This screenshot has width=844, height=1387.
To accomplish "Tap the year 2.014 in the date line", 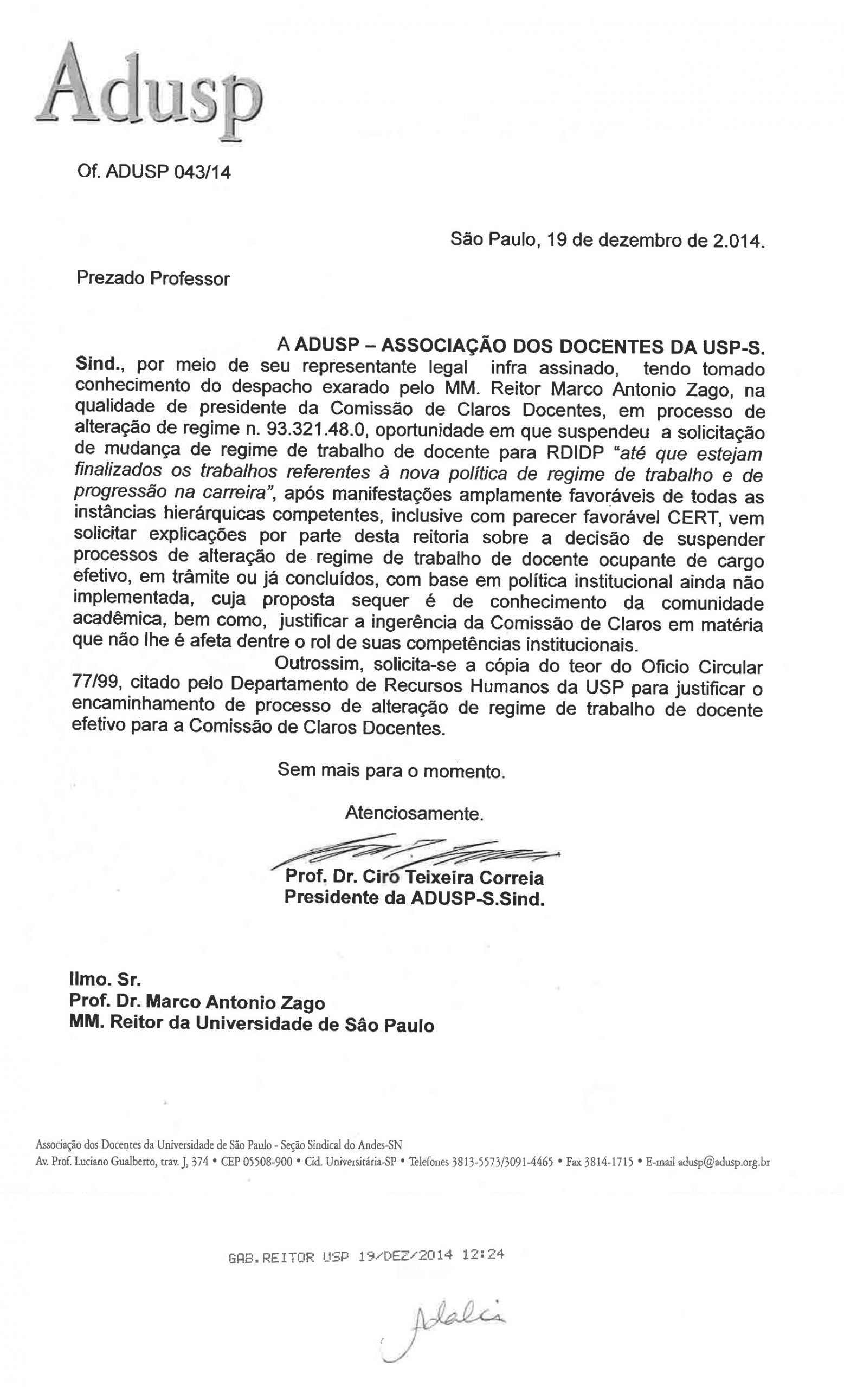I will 738,242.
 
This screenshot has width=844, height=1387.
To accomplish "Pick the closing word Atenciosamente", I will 414,813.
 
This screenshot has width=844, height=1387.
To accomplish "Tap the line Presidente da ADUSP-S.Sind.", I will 414,898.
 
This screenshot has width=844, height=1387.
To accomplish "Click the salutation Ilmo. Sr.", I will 105,980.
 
